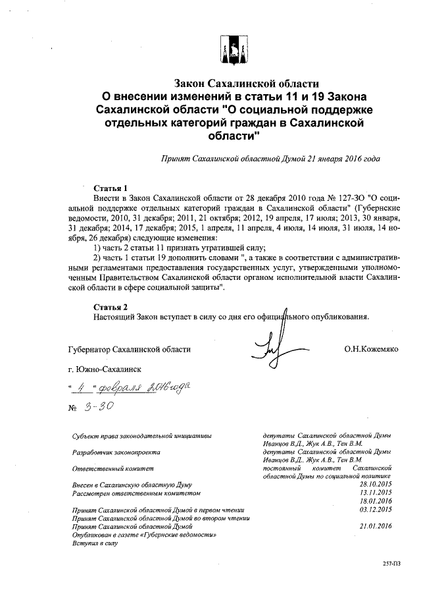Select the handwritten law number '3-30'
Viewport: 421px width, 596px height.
pyautogui.click(x=99, y=406)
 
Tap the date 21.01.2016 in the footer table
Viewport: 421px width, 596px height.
pyautogui.click(x=376, y=525)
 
